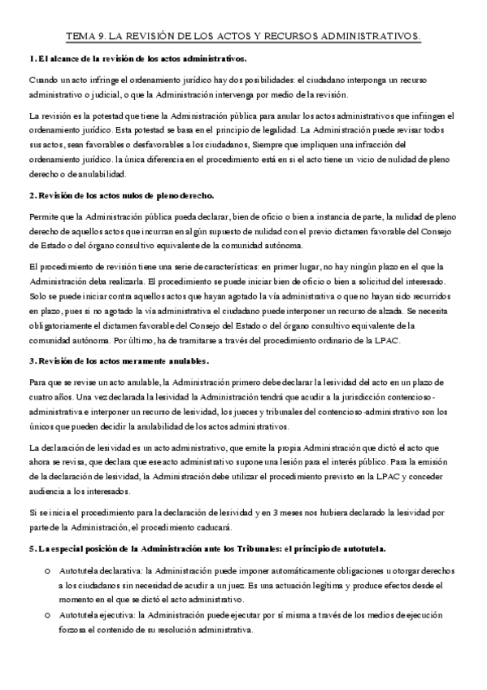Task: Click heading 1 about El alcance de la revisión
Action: [137, 59]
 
